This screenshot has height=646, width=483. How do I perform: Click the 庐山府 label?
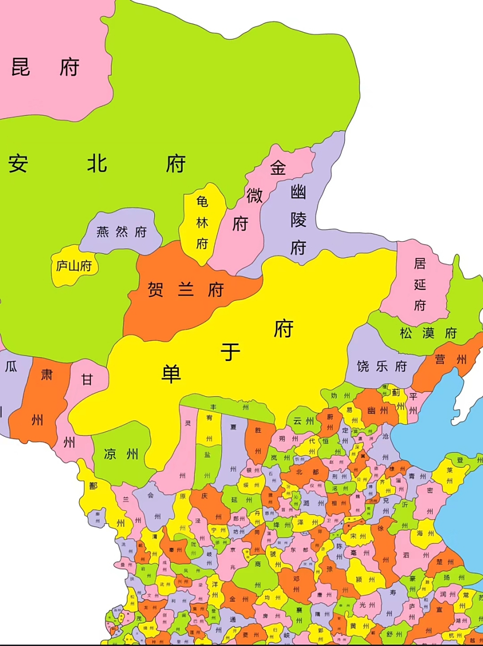click(74, 266)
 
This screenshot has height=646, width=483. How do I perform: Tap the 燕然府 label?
click(121, 232)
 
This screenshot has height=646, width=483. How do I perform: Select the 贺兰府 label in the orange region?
click(186, 290)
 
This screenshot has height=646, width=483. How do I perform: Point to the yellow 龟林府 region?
click(202, 223)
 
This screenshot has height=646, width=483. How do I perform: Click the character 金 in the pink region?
click(278, 168)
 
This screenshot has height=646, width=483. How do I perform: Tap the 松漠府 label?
click(428, 333)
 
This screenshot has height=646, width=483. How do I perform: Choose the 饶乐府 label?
click(381, 366)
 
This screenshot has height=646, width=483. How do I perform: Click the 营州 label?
click(450, 359)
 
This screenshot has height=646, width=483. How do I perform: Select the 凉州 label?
click(121, 454)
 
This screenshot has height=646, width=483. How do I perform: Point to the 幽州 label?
click(378, 410)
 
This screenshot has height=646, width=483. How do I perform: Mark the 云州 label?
click(304, 421)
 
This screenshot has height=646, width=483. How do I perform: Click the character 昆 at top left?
click(21, 67)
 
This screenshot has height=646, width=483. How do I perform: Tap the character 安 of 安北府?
click(18, 164)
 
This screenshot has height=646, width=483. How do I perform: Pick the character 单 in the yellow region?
click(171, 373)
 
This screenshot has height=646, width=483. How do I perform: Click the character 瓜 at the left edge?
click(11, 366)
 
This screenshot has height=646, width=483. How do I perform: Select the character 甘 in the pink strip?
click(87, 379)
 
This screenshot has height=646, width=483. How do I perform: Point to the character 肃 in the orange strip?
click(47, 374)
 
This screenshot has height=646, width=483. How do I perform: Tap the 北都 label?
click(307, 472)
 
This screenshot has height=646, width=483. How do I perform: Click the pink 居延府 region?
click(420, 284)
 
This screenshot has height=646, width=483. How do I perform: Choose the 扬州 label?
click(453, 577)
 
